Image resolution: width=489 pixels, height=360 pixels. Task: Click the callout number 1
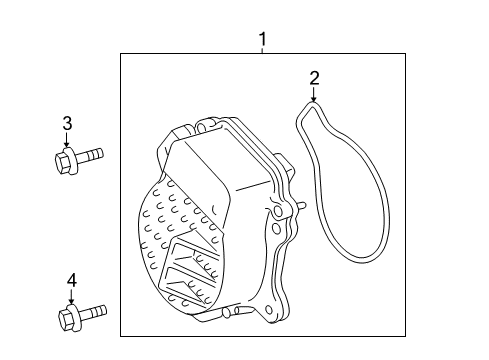(x=263, y=40)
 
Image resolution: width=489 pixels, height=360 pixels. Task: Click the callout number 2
(x=314, y=77)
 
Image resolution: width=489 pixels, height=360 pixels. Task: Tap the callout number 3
(x=68, y=124)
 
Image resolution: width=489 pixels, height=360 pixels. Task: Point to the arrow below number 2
(x=314, y=96)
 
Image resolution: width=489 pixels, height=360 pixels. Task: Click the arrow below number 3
(x=68, y=142)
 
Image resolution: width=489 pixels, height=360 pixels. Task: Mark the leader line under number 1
(x=263, y=51)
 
